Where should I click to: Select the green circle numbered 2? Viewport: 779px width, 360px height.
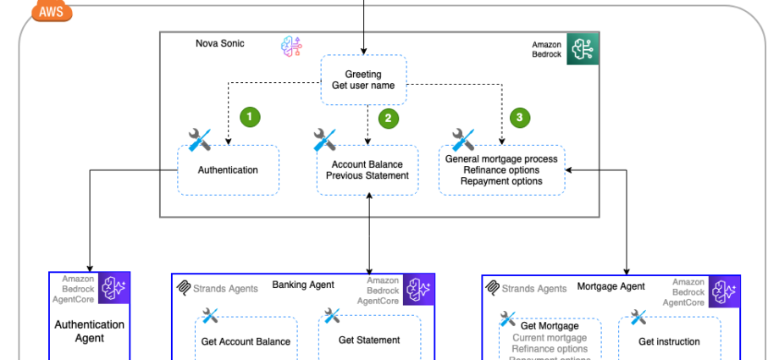click(x=389, y=119)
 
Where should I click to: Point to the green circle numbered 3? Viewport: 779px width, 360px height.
click(x=520, y=118)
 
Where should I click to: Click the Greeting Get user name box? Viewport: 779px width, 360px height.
click(x=363, y=80)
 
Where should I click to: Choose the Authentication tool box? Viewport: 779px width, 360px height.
click(x=228, y=169)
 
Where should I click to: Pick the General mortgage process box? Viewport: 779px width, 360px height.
click(x=501, y=169)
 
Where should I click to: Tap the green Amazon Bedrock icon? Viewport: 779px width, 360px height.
click(x=583, y=49)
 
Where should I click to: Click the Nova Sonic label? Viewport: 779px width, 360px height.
click(x=219, y=43)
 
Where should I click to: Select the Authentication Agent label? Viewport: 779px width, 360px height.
click(x=89, y=331)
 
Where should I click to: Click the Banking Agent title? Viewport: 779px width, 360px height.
click(x=302, y=285)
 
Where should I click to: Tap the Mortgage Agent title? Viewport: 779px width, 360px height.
click(x=610, y=286)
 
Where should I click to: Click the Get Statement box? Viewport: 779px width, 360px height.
click(x=369, y=340)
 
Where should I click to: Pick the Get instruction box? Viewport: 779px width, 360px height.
click(x=669, y=341)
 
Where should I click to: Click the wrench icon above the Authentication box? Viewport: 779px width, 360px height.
click(x=199, y=140)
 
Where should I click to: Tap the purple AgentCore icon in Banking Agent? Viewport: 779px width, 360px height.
click(x=417, y=289)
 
